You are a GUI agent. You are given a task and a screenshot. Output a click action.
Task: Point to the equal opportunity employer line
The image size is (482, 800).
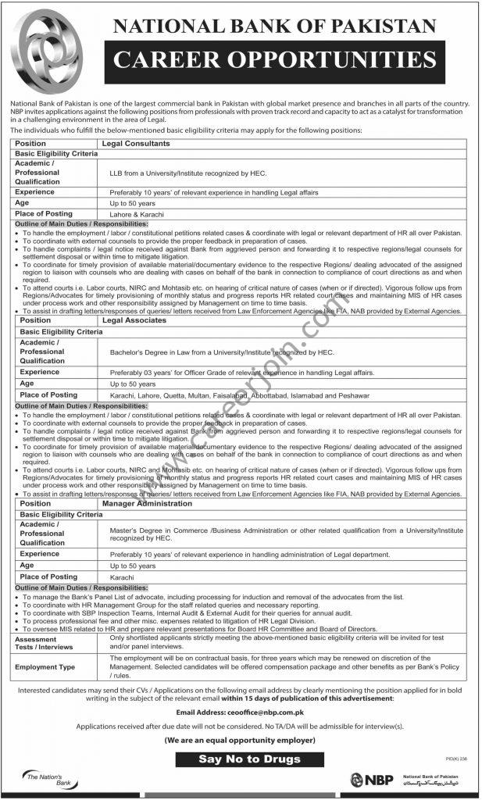pyautogui.click(x=241, y=738)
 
